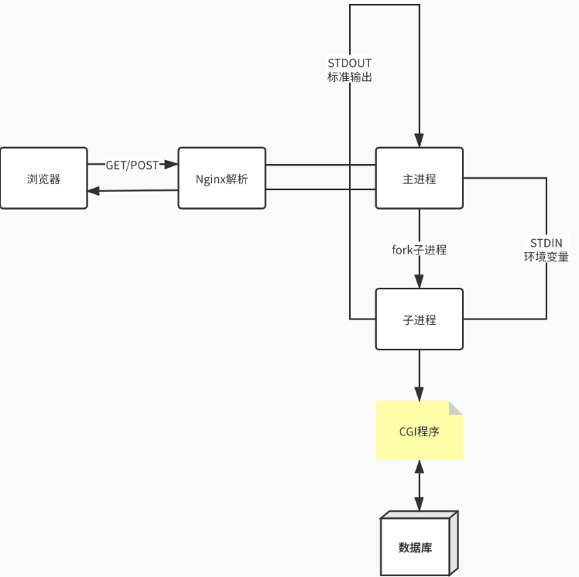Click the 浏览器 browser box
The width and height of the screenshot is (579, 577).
43,179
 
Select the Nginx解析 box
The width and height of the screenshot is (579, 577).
222,179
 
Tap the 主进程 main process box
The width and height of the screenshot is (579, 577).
420,179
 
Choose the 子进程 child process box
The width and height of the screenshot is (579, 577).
420,319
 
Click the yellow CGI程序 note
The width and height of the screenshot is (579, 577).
419,432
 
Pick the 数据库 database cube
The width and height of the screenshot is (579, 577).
416,548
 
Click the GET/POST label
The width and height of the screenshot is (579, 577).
132,165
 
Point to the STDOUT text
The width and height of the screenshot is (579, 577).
350,63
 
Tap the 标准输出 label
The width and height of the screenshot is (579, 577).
350,77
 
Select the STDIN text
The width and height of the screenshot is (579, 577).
546,242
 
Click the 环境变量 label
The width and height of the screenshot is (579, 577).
546,257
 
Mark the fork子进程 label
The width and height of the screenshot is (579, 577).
420,250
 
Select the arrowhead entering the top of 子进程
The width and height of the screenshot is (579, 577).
420,282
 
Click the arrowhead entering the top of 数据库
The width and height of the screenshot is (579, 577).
420,504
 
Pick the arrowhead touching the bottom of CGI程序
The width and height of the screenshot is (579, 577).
420,466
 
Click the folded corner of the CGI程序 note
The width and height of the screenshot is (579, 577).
455,408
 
